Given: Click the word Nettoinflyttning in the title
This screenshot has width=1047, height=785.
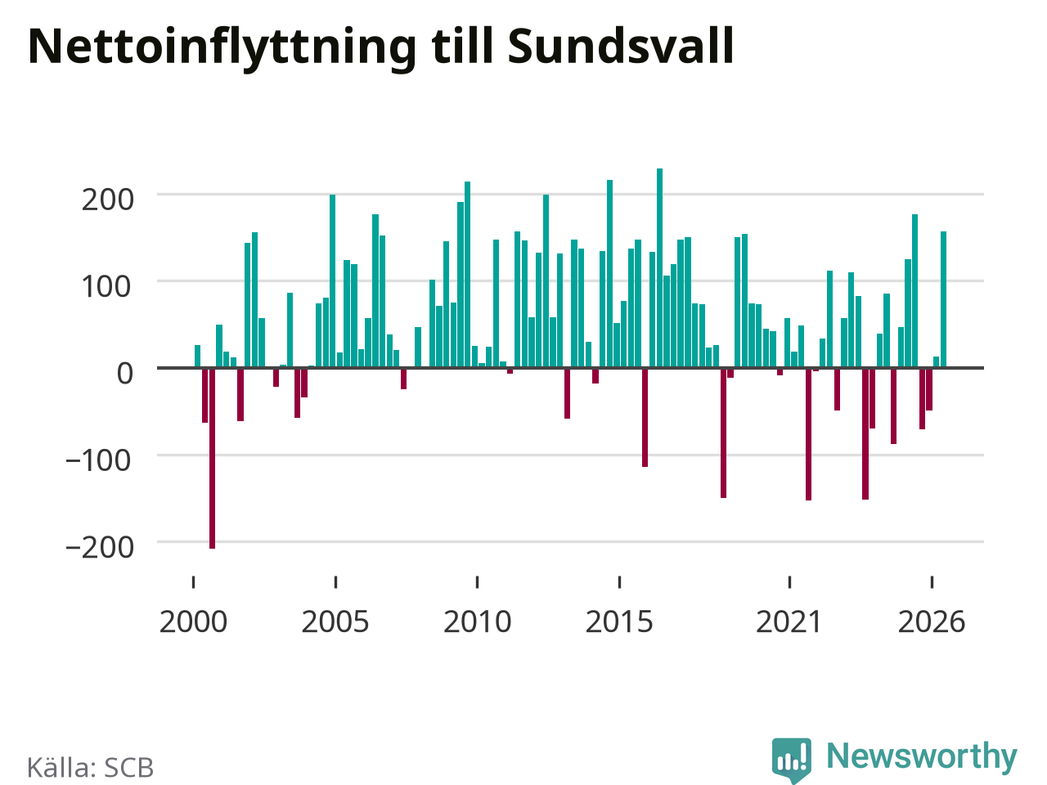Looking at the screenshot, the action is [x=222, y=47].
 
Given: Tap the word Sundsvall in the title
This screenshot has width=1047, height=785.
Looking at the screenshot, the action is [x=621, y=46].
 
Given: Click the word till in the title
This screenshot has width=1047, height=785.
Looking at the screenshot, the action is [x=461, y=46].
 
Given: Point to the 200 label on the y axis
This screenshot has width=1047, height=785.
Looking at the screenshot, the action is [x=108, y=200].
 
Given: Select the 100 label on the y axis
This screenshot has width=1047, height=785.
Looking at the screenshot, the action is [x=106, y=287].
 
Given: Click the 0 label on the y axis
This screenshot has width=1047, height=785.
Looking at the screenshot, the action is [x=125, y=375].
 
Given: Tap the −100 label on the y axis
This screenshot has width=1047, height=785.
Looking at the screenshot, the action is [x=98, y=461].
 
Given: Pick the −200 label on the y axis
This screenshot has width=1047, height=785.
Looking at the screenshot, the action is [x=100, y=548].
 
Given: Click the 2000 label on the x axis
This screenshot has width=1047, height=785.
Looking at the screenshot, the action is [x=193, y=622].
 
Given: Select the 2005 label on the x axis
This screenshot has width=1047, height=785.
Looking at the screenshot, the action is [x=335, y=622].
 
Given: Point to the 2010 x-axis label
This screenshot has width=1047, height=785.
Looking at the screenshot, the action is [x=478, y=622].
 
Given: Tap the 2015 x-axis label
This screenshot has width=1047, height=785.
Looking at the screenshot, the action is [x=619, y=622].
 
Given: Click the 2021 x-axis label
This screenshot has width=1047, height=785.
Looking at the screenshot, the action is [x=789, y=622].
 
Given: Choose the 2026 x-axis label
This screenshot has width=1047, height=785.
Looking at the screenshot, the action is [x=932, y=622].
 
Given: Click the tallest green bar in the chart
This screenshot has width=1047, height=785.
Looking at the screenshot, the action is [x=659, y=268].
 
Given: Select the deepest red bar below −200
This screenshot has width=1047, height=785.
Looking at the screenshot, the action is [x=212, y=459].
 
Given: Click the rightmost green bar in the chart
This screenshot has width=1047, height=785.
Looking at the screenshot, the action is [x=943, y=299].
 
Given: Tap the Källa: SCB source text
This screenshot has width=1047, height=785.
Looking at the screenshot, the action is [x=90, y=767].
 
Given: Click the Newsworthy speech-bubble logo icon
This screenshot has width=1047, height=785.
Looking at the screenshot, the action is [x=792, y=760].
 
